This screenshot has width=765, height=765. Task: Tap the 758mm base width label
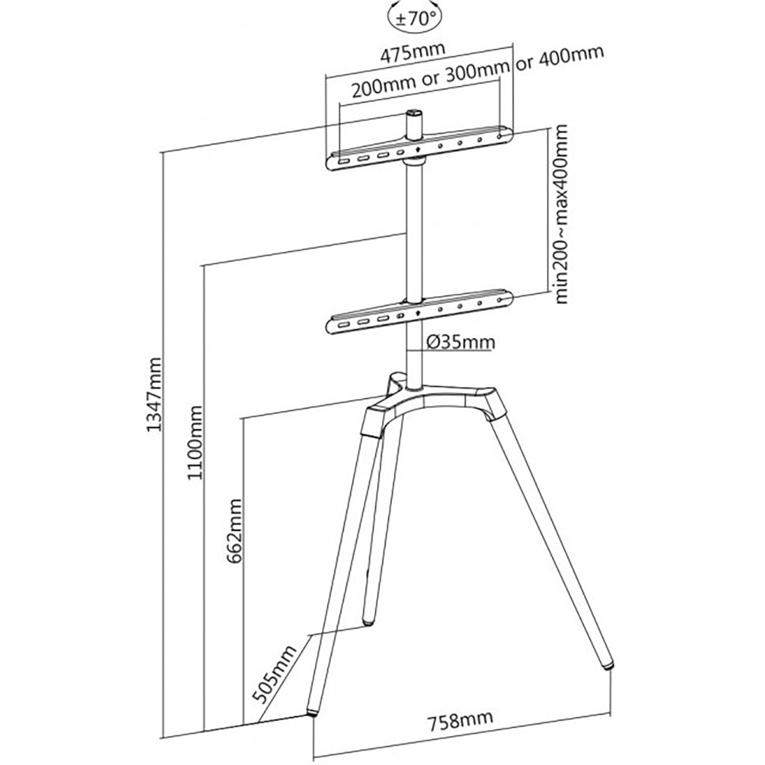[461, 721]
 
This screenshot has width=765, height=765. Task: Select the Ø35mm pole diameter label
[458, 342]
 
